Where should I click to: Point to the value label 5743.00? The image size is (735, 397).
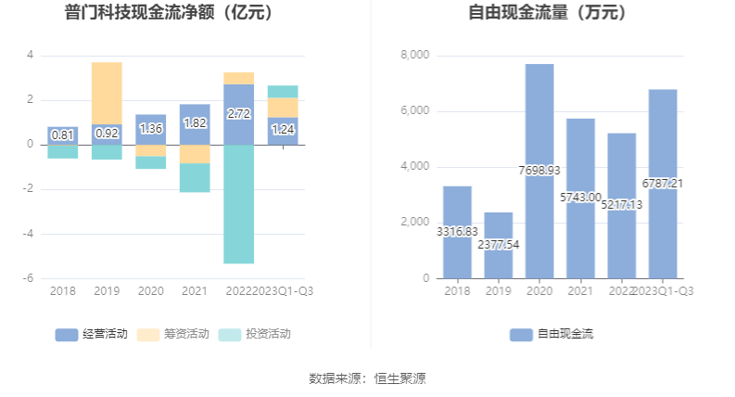click(x=580, y=198)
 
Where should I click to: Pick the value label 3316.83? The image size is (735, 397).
click(x=457, y=232)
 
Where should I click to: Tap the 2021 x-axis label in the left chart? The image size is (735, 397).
click(x=194, y=291)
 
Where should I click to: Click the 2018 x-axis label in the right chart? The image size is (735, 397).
click(x=457, y=291)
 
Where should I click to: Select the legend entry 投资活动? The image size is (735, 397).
click(x=254, y=334)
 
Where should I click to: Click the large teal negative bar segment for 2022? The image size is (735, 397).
click(x=238, y=204)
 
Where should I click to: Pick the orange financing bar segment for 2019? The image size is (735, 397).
click(x=107, y=93)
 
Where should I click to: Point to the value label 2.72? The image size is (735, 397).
click(x=238, y=114)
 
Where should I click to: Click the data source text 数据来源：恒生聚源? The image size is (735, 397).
click(x=367, y=378)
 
